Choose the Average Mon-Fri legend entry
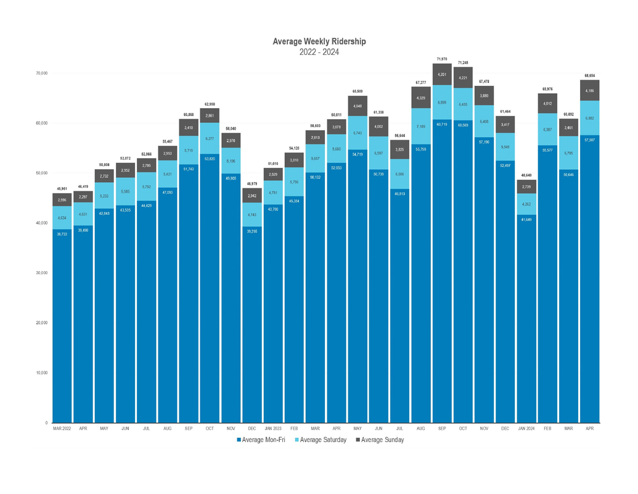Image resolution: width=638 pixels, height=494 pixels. pyautogui.click(x=261, y=440)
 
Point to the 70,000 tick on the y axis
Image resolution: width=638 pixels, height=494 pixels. pyautogui.click(x=41, y=73)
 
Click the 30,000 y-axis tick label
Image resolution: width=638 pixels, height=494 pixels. pyautogui.click(x=41, y=273)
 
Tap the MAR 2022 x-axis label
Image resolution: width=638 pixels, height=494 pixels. pyautogui.click(x=62, y=428)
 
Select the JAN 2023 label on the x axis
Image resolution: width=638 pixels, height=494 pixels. pyautogui.click(x=272, y=428)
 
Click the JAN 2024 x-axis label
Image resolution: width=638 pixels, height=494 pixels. pyautogui.click(x=526, y=428)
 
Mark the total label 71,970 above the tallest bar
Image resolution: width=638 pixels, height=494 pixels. pyautogui.click(x=441, y=59)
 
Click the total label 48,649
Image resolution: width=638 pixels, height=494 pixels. pyautogui.click(x=526, y=175)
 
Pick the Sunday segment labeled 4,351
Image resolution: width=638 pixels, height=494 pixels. pyautogui.click(x=441, y=74)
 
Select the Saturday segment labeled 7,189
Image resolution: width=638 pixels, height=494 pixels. pyautogui.click(x=420, y=127)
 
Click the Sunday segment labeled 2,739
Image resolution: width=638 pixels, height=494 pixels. pyautogui.click(x=526, y=186)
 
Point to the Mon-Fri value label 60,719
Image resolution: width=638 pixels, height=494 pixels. pyautogui.click(x=441, y=124)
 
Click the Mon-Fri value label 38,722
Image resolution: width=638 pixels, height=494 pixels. pyautogui.click(x=62, y=233)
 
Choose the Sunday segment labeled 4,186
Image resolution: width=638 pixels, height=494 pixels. pyautogui.click(x=589, y=91)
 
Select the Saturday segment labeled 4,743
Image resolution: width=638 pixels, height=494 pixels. pyautogui.click(x=252, y=214)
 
